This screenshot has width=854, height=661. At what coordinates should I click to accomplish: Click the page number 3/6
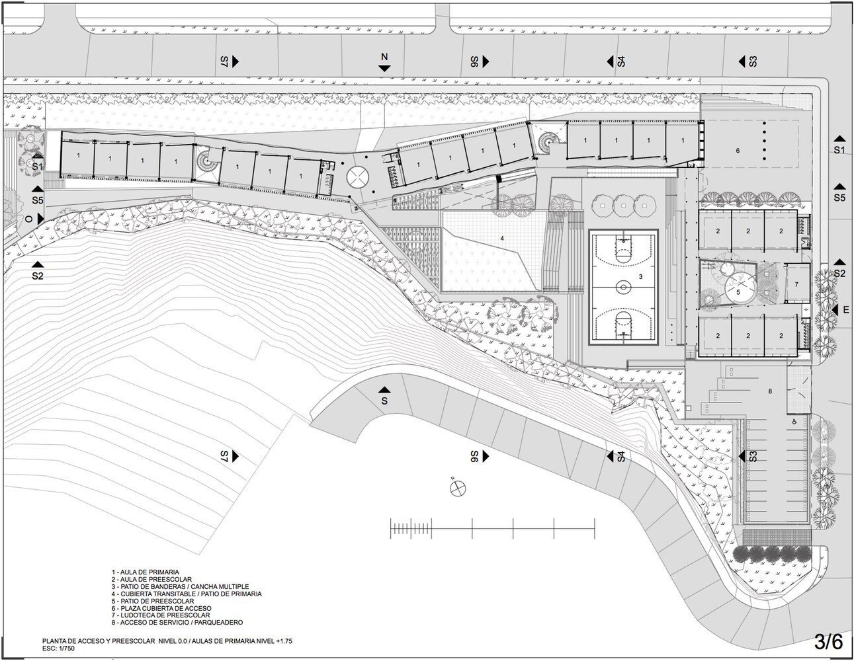pyautogui.click(x=828, y=642)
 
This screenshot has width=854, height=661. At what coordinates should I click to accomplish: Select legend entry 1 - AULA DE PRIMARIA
pyautogui.click(x=145, y=572)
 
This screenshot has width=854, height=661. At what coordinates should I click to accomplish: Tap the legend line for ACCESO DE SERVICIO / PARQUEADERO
pyautogui.click(x=177, y=622)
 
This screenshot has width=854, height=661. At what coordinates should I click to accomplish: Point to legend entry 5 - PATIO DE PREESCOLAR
pyautogui.click(x=153, y=601)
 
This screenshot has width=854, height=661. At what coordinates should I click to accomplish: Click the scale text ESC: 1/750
pyautogui.click(x=59, y=648)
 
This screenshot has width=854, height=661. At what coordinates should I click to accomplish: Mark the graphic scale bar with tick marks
pyautogui.click(x=492, y=528)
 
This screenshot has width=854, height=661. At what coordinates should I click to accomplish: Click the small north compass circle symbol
pyautogui.click(x=458, y=488)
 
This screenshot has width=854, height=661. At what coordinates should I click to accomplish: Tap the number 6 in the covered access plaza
pyautogui.click(x=738, y=150)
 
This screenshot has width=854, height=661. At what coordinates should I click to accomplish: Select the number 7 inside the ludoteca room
pyautogui.click(x=796, y=284)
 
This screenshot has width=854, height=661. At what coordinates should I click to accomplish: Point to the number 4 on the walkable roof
pyautogui.click(x=502, y=238)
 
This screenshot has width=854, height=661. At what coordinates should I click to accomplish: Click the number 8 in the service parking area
pyautogui.click(x=770, y=391)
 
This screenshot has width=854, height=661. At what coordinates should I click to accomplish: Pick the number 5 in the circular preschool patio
pyautogui.click(x=738, y=292)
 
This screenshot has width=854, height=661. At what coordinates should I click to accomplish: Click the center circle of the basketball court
pyautogui.click(x=623, y=288)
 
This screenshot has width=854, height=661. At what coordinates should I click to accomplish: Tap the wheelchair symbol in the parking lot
pyautogui.click(x=793, y=422)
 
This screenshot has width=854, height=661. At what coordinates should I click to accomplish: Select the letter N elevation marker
pyautogui.click(x=384, y=57)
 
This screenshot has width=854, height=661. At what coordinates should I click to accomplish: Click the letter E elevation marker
pyautogui.click(x=846, y=310)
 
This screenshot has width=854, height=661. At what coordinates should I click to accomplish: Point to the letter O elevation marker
pyautogui.click(x=28, y=219)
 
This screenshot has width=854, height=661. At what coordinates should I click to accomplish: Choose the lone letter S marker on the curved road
pyautogui.click(x=384, y=401)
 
